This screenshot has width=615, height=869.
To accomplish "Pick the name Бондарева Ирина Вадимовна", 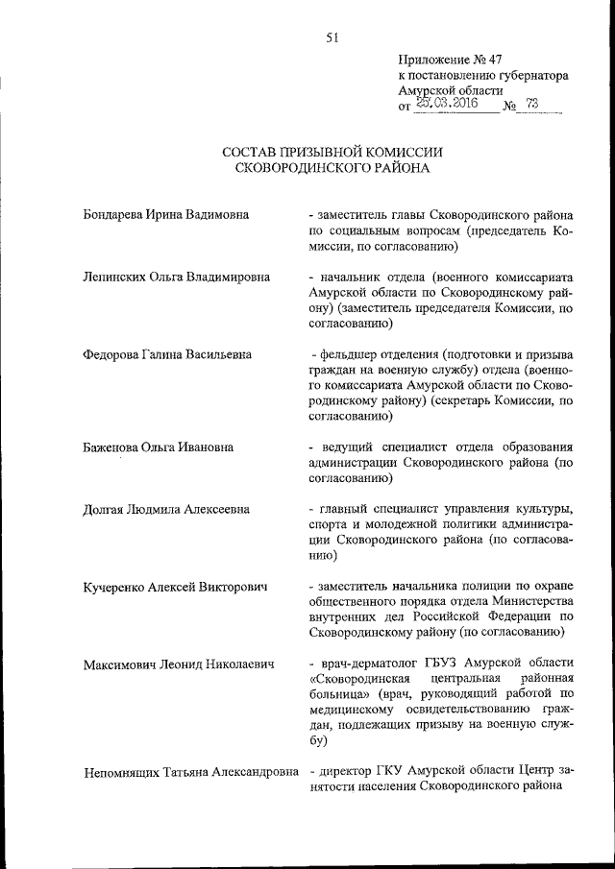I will click(166, 214).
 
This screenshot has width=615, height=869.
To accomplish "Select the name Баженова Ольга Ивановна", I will click(160, 447).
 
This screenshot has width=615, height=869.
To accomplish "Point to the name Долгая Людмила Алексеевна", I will click(166, 508).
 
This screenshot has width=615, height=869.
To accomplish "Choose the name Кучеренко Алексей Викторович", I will click(175, 586).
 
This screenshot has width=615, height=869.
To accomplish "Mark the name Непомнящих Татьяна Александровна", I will click(192, 771).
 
